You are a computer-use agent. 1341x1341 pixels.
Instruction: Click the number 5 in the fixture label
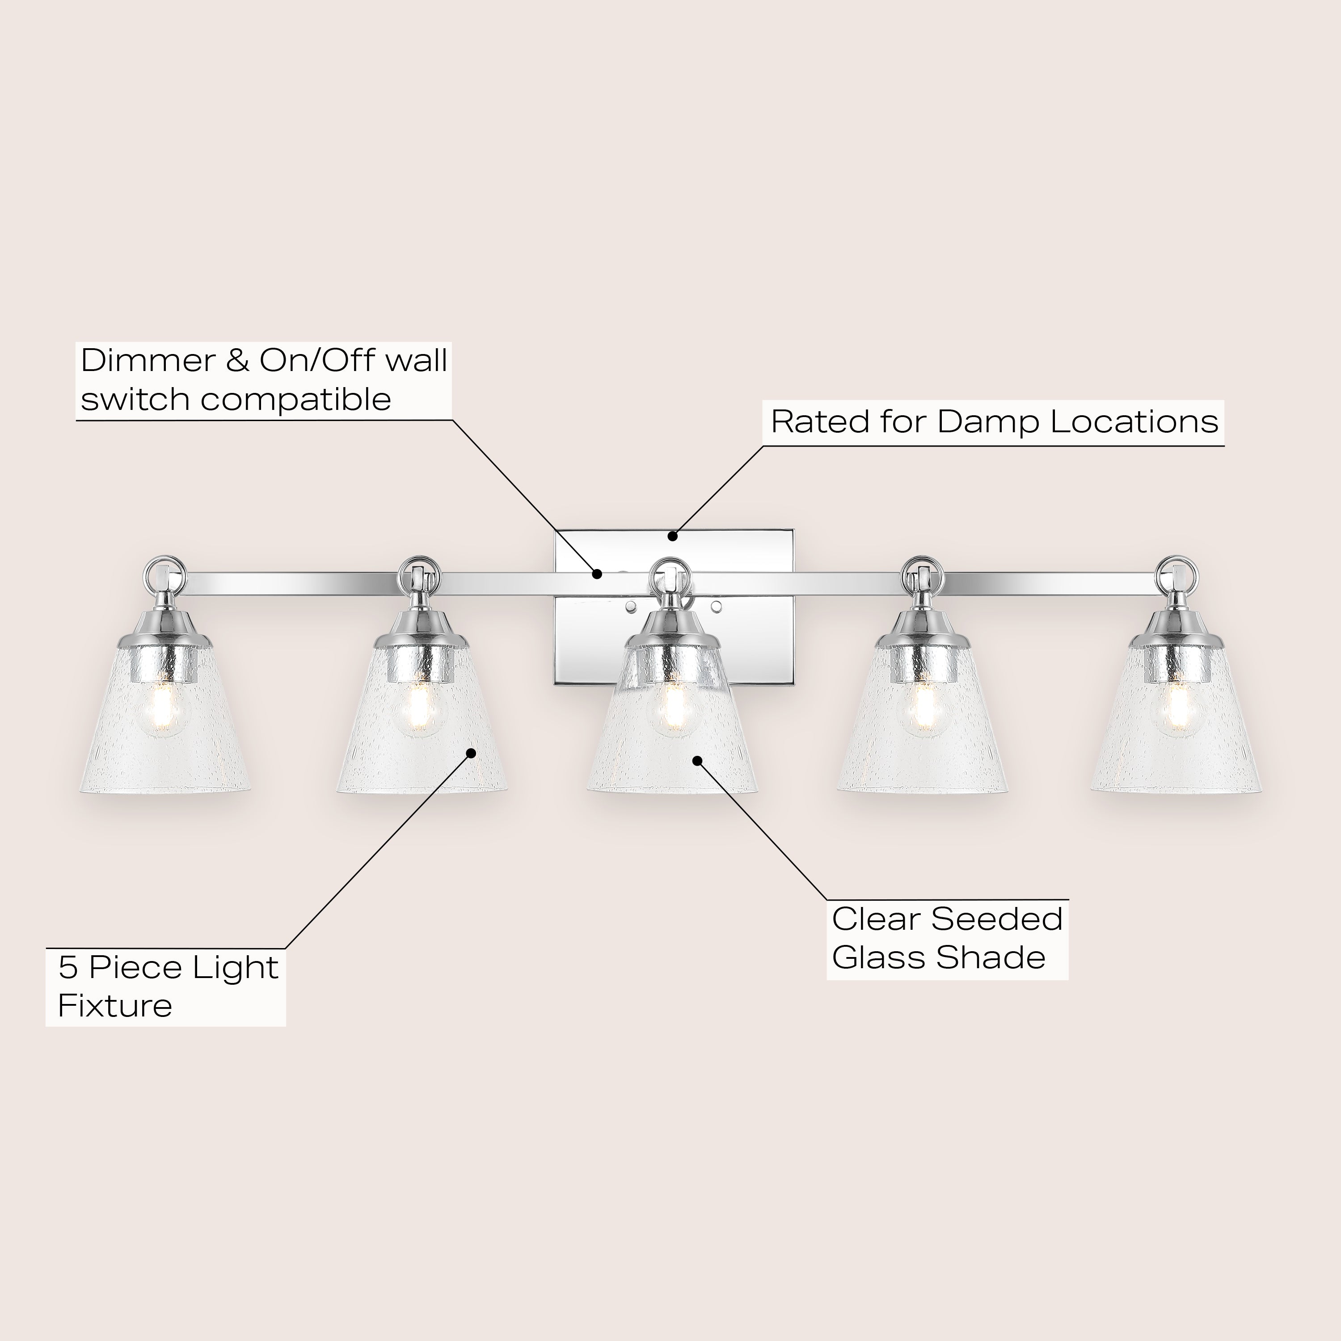point(68,968)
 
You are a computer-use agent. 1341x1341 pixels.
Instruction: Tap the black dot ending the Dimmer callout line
point(597,574)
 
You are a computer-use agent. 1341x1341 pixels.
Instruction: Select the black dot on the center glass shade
point(698,761)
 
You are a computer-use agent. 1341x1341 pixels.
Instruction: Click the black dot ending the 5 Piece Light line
point(471,753)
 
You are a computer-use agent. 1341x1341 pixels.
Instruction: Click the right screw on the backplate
point(716,607)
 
